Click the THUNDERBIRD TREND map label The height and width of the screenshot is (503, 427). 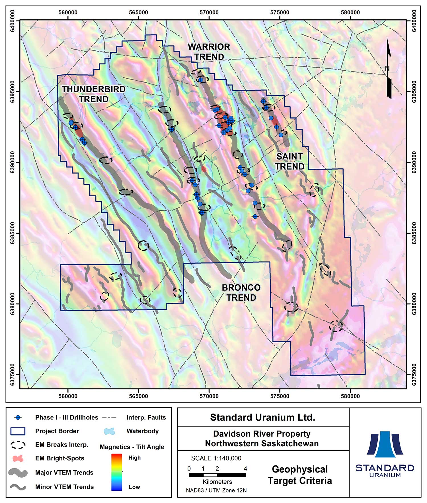(93, 94)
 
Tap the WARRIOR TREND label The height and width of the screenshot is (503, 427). (209, 52)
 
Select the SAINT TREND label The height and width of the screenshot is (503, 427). (290, 161)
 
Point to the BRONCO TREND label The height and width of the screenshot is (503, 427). (241, 292)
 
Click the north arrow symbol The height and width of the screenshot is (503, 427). (389, 68)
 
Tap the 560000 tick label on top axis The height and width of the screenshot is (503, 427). (68, 13)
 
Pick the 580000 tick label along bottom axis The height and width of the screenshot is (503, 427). (350, 396)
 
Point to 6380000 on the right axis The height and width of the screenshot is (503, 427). (414, 304)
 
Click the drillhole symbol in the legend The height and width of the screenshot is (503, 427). (18, 418)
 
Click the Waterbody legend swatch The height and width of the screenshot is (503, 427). (109, 431)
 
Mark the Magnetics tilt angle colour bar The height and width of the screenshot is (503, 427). (116, 472)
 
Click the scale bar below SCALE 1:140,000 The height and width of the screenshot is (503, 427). (217, 475)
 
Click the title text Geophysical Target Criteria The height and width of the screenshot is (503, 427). (300, 475)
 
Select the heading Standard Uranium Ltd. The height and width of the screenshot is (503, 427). (262, 418)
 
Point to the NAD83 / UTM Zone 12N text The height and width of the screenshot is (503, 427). (216, 490)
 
